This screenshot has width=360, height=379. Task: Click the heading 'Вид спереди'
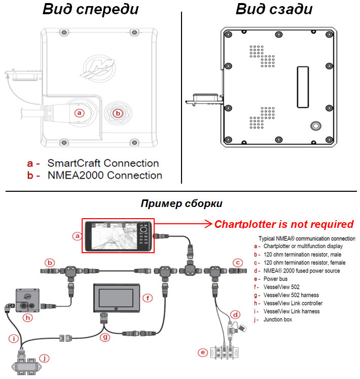click(90, 9)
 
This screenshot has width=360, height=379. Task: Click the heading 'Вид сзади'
click(274, 9)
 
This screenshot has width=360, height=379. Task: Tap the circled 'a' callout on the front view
click(79, 113)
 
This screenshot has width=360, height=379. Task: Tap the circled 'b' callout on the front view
click(118, 113)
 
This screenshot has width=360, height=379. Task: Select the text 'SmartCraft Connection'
click(103, 163)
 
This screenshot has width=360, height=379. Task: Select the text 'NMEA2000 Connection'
click(104, 176)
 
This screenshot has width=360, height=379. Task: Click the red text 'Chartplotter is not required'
click(283, 224)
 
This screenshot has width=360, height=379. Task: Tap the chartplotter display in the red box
click(117, 235)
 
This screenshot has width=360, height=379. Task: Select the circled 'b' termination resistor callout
click(50, 263)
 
